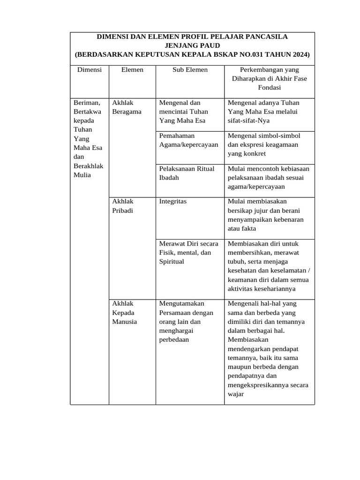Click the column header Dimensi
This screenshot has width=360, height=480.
[x=89, y=69]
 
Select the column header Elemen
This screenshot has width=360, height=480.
[x=132, y=69]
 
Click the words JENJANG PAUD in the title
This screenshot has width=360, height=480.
[x=192, y=45]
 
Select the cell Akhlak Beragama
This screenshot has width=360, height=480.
[x=127, y=107]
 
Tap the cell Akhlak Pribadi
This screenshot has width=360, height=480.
[x=123, y=206]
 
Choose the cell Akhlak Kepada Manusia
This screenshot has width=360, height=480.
[x=125, y=313]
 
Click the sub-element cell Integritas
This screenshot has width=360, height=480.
[x=173, y=201]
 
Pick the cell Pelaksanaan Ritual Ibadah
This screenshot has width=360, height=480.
[x=187, y=173]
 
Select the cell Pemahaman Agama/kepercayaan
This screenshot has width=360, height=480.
[x=188, y=140]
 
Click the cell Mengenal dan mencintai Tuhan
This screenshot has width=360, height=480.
[x=183, y=112]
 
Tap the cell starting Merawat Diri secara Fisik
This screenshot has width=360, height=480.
[x=189, y=252]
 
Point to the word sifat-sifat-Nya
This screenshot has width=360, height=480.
[x=250, y=120]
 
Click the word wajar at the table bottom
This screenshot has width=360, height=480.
[x=236, y=394]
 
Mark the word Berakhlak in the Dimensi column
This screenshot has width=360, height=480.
[x=89, y=166]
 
